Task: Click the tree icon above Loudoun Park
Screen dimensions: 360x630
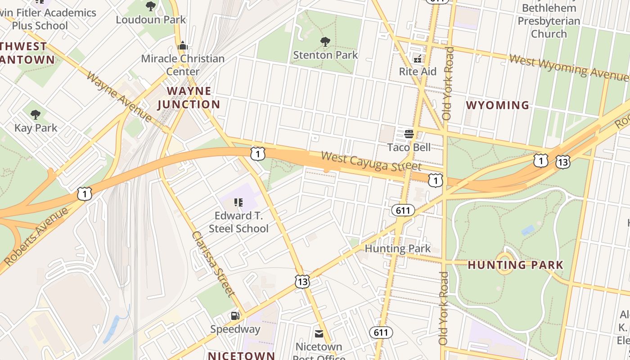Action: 151,6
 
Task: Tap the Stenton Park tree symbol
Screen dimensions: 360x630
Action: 325,42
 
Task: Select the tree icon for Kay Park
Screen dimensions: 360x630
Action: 36,115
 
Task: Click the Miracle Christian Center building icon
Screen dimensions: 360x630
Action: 183,45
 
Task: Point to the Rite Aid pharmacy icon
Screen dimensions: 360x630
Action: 418,58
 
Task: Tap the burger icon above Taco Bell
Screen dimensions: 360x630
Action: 409,134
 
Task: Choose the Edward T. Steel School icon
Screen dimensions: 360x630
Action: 238,203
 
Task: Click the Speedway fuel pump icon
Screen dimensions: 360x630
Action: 235,316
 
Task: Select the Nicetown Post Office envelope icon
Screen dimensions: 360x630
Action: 319,333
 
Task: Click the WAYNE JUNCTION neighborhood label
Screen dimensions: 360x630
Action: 189,98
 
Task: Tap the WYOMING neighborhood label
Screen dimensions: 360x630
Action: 498,105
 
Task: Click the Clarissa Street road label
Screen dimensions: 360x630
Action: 213,264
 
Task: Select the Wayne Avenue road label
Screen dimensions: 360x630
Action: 119,96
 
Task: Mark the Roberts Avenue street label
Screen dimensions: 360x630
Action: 36,236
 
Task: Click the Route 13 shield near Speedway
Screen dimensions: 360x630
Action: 302,281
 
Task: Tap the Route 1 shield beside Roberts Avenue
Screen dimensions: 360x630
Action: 84,193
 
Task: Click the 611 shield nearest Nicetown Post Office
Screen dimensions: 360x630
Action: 381,333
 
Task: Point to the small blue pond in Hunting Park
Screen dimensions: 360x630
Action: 528,230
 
